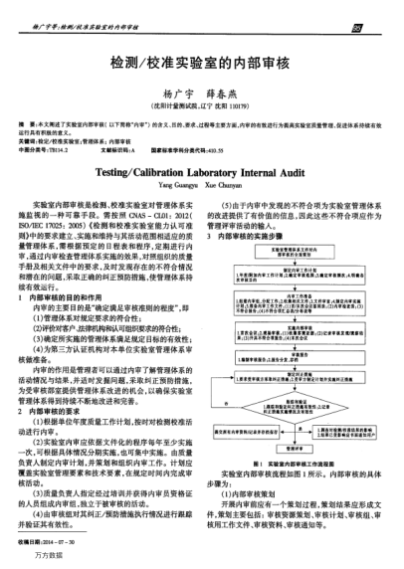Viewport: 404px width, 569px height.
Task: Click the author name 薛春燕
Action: [233, 90]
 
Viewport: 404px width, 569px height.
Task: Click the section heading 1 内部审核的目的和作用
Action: [59, 270]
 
